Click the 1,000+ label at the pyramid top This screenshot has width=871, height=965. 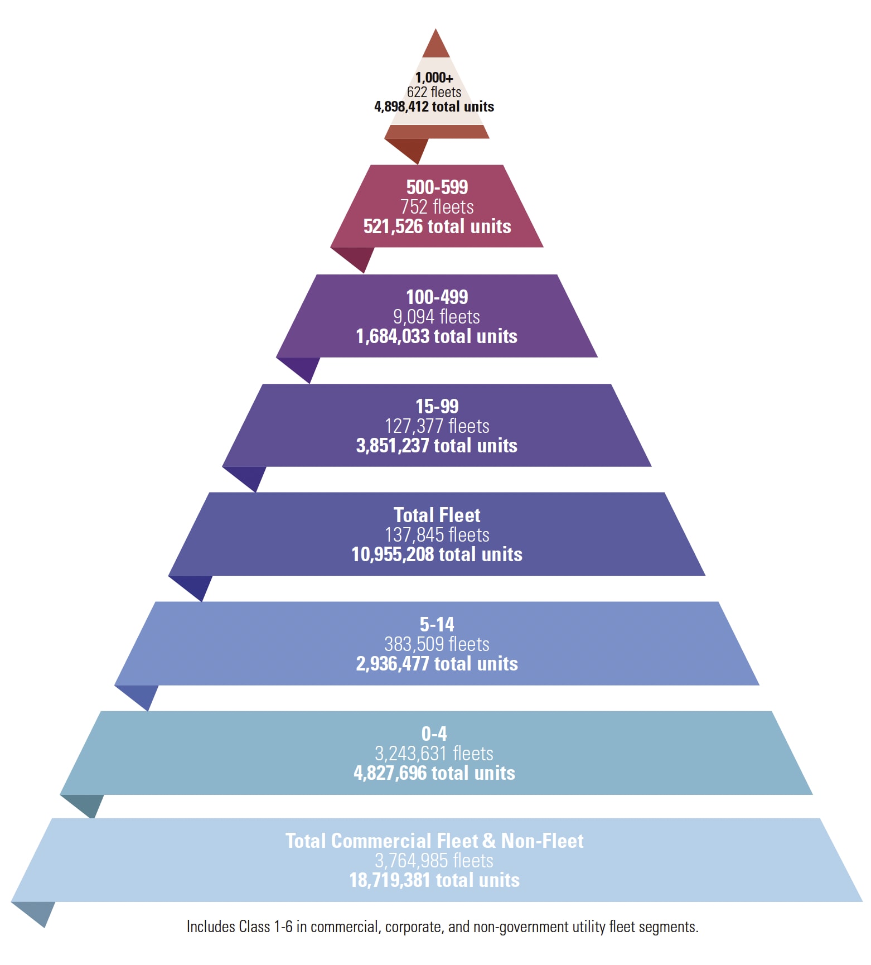tap(434, 78)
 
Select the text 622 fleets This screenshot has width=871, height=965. tap(434, 92)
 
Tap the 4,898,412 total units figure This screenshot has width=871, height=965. tap(434, 107)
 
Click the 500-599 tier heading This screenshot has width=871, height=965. tap(437, 187)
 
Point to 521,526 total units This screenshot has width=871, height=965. tap(437, 226)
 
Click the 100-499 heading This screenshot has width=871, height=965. tap(437, 297)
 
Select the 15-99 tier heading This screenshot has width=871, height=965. tap(437, 406)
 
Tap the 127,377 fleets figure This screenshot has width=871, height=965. tap(437, 426)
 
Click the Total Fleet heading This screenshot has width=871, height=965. tap(437, 515)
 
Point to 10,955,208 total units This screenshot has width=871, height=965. tap(437, 554)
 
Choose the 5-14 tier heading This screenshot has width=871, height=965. tap(437, 624)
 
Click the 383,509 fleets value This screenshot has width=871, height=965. tap(437, 644)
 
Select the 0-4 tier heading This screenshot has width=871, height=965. tap(434, 734)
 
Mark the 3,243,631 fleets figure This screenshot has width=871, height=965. tap(434, 754)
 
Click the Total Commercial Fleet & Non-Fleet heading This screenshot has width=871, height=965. tap(434, 841)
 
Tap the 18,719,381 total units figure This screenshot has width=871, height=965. tap(434, 880)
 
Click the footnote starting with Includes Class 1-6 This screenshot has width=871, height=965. tap(442, 927)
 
